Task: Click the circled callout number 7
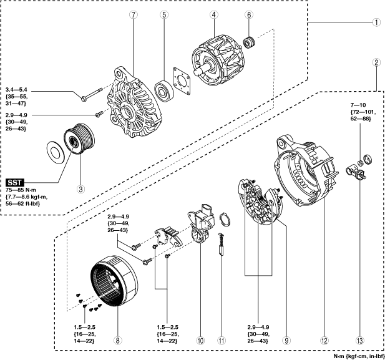[x=134, y=15]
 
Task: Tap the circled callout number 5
[x=164, y=15]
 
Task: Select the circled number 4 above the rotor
[x=214, y=15]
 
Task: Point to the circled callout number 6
[x=249, y=15]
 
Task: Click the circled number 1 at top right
[x=376, y=22]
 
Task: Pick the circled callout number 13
[x=359, y=341]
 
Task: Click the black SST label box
[x=15, y=183]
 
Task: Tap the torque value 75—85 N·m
[x=21, y=190]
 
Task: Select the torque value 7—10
[x=358, y=105]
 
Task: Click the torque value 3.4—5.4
[x=16, y=89]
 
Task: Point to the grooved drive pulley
[x=79, y=139]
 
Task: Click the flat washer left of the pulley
[x=56, y=152]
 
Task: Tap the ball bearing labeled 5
[x=164, y=92]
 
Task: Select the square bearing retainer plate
[x=182, y=81]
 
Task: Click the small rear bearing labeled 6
[x=250, y=42]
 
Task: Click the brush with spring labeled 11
[x=222, y=245]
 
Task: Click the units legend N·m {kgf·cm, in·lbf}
[x=359, y=356]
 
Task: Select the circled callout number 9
[x=286, y=341]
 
